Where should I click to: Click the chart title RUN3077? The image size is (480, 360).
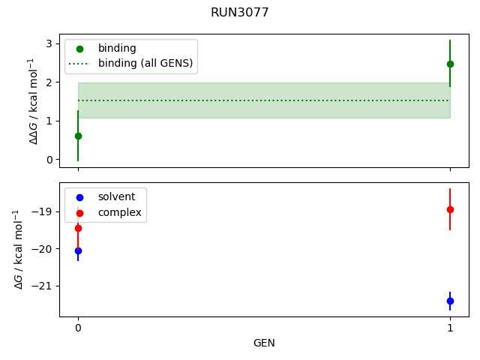(240, 13)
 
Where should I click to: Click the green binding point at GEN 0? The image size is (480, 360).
(78, 136)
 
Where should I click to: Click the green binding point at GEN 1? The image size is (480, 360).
(450, 64)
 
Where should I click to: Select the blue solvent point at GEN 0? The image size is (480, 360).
(78, 250)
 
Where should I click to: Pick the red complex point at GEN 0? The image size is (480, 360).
(78, 228)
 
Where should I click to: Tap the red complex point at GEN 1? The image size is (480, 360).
(450, 209)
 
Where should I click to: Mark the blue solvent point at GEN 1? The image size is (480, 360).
(450, 301)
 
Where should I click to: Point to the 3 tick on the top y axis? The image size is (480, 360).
(49, 43)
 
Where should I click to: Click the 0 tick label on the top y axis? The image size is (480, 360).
(49, 160)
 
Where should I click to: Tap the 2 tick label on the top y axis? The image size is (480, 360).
(49, 82)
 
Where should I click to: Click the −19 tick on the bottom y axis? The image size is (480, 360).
(42, 211)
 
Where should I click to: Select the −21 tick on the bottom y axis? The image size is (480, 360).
(42, 286)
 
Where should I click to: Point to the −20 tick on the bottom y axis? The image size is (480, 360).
(42, 249)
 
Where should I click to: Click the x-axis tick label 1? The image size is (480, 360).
(450, 328)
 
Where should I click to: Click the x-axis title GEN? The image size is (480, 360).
(264, 343)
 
